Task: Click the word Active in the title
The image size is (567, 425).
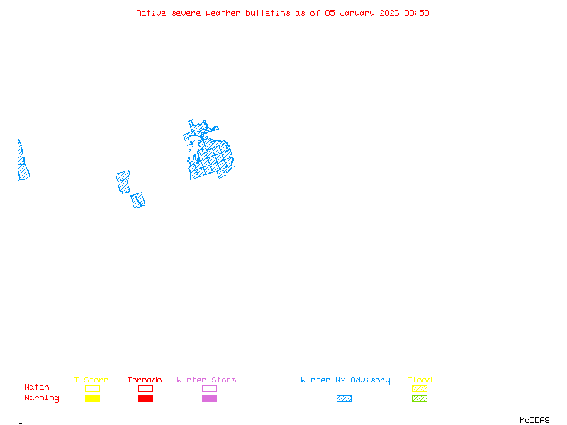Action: [x=151, y=13]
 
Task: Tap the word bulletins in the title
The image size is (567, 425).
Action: [x=268, y=13]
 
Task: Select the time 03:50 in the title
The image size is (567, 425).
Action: [x=417, y=13]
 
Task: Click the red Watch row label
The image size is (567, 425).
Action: [x=37, y=387]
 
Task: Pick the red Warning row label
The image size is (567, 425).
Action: [x=42, y=398]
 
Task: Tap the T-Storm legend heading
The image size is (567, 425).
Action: [x=91, y=380]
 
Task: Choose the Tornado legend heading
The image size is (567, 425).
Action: [x=145, y=380]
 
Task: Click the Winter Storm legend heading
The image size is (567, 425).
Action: [x=206, y=380]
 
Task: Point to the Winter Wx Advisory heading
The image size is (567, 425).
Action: [x=345, y=380]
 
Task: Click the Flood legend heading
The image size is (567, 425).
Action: [x=420, y=380]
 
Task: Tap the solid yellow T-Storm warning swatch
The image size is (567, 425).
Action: [x=92, y=398]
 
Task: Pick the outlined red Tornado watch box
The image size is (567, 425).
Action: [x=145, y=388]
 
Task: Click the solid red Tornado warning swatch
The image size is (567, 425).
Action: [x=145, y=398]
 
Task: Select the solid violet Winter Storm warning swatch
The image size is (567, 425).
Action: [x=209, y=398]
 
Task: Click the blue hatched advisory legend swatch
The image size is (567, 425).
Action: [x=344, y=398]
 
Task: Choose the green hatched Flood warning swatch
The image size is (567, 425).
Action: [x=420, y=398]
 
